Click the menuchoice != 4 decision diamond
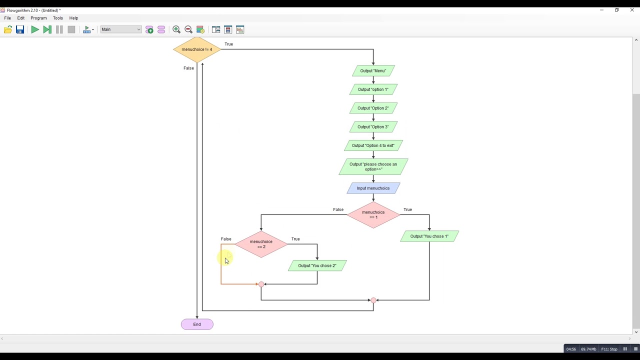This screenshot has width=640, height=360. click(196, 49)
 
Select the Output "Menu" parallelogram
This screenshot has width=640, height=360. click(373, 71)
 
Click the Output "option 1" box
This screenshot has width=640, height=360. click(373, 89)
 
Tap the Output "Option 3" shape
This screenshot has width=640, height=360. click(373, 127)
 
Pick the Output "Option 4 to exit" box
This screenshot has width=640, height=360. click(373, 145)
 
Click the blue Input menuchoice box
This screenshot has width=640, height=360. click(373, 188)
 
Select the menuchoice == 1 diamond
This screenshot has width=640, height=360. click(373, 215)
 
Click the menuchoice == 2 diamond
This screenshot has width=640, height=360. click(261, 244)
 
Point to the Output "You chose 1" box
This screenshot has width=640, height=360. click(429, 236)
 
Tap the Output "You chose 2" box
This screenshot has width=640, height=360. click(317, 265)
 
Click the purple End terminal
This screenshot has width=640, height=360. click(197, 324)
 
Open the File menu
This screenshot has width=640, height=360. click(7, 18)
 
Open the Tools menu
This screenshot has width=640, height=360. click(58, 18)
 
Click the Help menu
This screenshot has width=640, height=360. click(73, 18)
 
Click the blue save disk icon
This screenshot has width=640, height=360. click(20, 30)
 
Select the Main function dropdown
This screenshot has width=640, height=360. click(120, 29)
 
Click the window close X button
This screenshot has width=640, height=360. click(631, 10)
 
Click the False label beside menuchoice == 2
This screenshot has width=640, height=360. click(226, 239)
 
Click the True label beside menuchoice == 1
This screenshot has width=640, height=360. click(407, 209)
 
